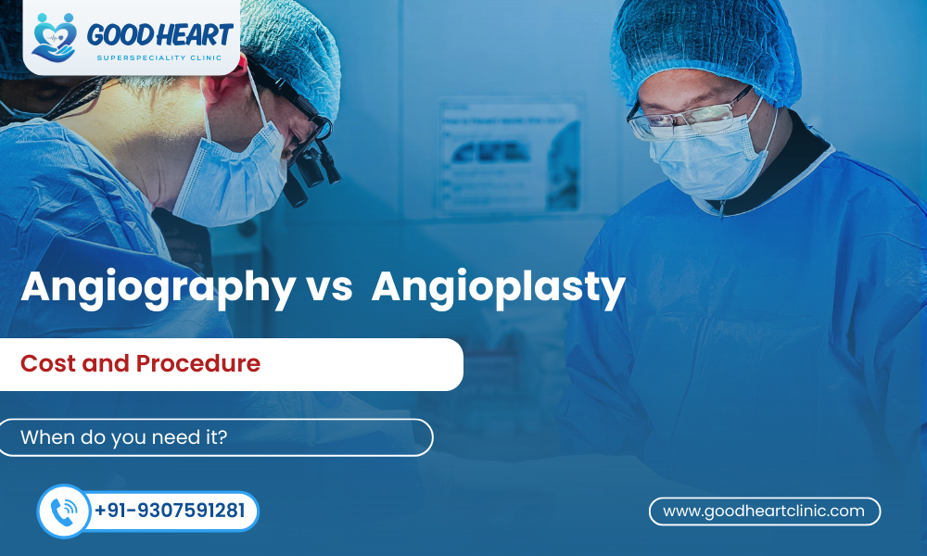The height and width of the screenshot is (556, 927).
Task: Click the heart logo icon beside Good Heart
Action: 54,36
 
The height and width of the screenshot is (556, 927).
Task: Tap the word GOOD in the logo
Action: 114,35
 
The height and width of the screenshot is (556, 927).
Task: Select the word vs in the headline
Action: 328,287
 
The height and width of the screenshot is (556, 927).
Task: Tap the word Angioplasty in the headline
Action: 498,287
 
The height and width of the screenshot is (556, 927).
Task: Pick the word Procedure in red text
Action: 198,363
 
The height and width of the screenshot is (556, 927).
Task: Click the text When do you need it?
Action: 124,437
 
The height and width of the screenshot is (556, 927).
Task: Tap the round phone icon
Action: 64,512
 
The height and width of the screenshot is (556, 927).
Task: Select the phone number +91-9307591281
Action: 170,512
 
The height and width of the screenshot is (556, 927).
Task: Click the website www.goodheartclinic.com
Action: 764,511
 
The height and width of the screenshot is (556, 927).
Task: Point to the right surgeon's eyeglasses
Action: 691,118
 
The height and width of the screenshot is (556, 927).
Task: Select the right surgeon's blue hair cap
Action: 705,42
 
